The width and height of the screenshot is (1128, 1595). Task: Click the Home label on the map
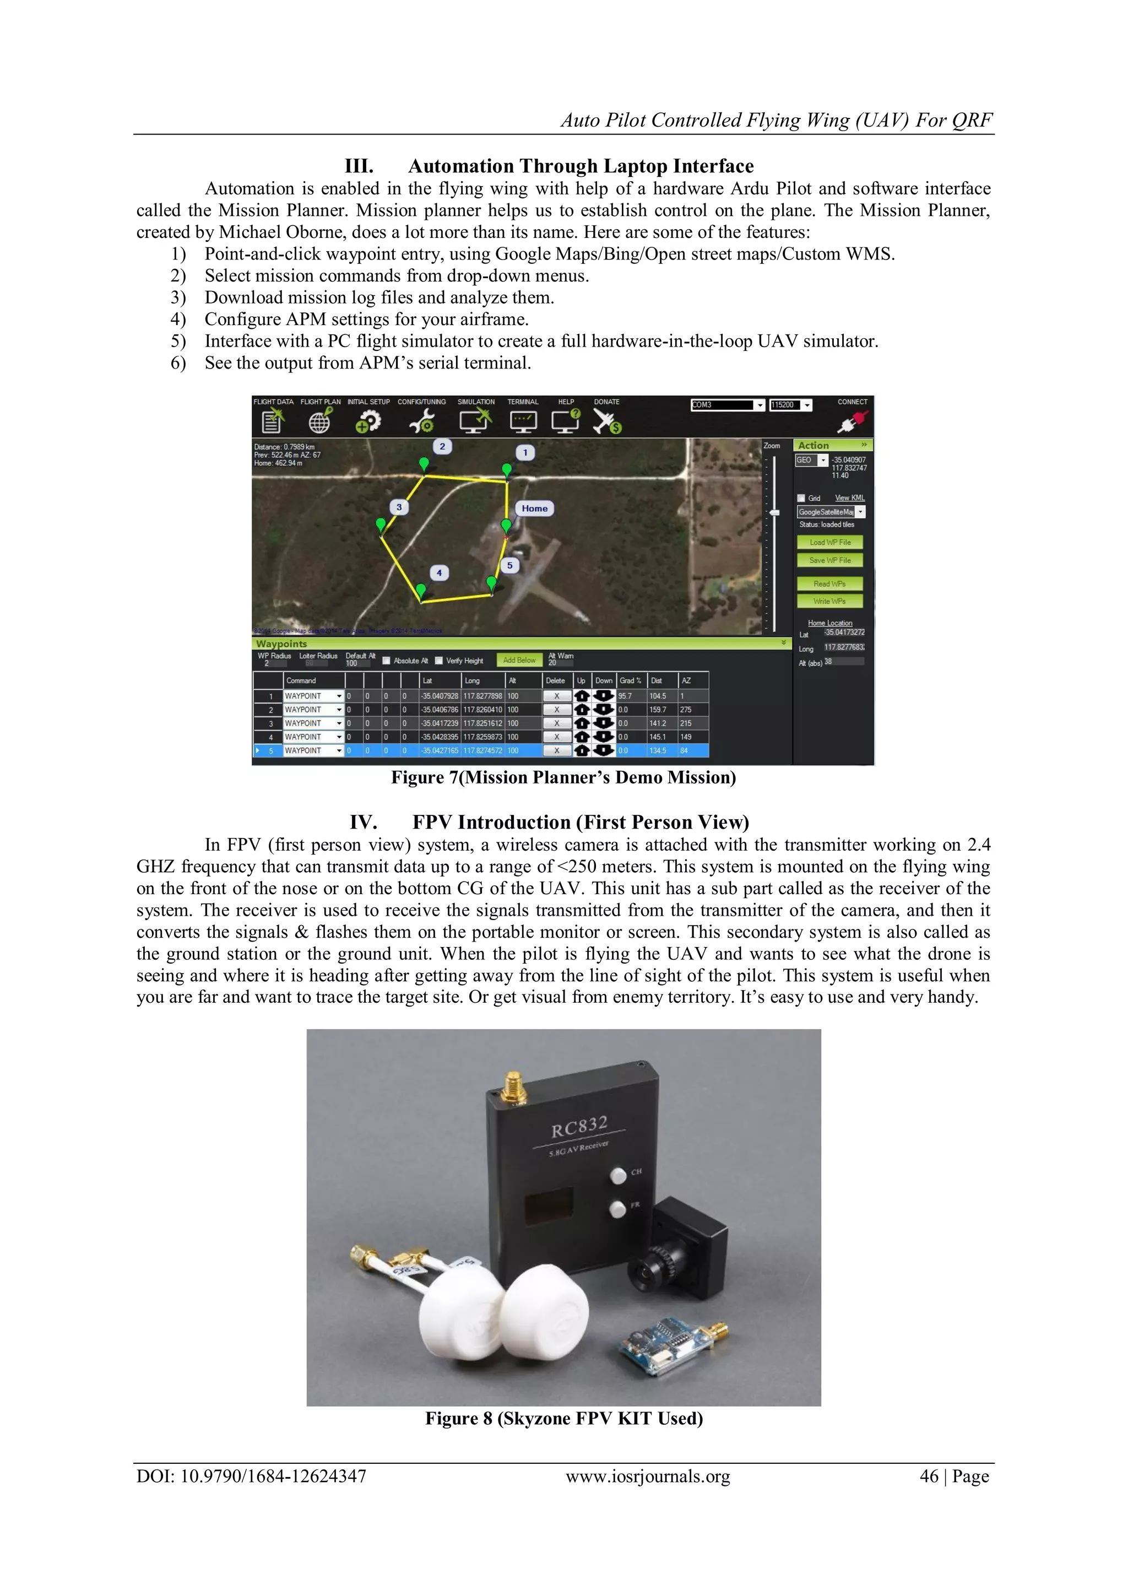[x=534, y=508]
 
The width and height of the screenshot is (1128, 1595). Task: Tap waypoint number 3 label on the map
[x=399, y=507]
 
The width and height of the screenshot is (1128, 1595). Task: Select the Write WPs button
[x=829, y=601]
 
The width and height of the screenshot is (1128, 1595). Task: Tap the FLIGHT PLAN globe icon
[x=319, y=421]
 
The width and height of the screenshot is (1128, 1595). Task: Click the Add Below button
[x=519, y=660]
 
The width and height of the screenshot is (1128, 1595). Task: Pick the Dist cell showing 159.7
[x=657, y=709]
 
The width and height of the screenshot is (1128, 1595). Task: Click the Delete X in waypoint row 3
[x=556, y=723]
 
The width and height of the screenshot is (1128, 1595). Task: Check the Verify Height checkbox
[x=439, y=661]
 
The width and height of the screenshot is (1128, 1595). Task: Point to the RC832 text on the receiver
[x=579, y=1126]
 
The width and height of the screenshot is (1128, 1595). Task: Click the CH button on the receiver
[x=617, y=1175]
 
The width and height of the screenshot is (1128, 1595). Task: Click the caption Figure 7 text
[x=562, y=777]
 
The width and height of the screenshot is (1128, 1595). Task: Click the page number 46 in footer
[x=929, y=1476]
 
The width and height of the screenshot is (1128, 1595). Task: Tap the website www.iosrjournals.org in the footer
[x=647, y=1476]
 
